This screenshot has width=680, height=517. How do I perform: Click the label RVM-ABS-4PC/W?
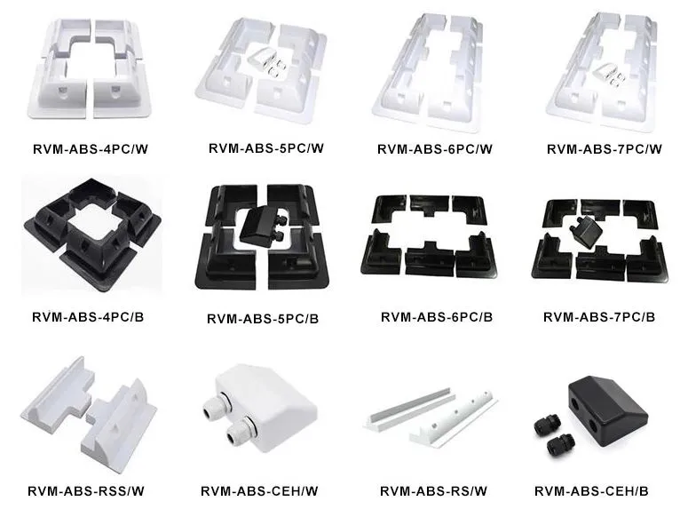91,149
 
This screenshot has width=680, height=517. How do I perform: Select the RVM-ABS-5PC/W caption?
266,148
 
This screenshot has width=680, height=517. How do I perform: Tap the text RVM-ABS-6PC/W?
435,149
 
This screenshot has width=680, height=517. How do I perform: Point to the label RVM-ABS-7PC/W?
605,149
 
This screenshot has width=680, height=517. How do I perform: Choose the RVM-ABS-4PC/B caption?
88,317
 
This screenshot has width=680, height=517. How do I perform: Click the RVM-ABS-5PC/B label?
263,319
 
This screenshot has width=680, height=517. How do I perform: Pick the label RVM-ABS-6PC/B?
437,317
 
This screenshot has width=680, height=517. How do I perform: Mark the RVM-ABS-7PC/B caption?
599,317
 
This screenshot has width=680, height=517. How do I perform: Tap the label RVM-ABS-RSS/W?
86,491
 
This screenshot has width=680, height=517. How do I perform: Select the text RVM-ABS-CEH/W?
259,491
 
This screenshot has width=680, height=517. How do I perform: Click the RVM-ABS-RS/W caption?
434,491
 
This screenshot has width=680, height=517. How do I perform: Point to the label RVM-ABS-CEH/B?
591,491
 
